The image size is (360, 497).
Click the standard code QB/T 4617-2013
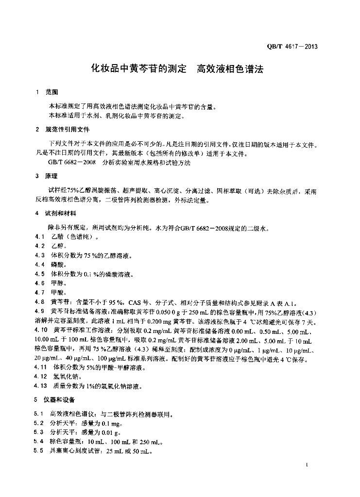pyautogui.click(x=292, y=47)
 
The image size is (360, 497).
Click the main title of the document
pyautogui.click(x=178, y=69)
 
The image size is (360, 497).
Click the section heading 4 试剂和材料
pyautogui.click(x=57, y=213)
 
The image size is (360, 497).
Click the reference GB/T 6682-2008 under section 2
pyautogui.click(x=73, y=163)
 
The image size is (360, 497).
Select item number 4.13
pyautogui.click(x=41, y=386)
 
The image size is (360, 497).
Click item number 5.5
pyautogui.click(x=39, y=451)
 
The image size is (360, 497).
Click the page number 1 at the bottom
pyautogui.click(x=308, y=465)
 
